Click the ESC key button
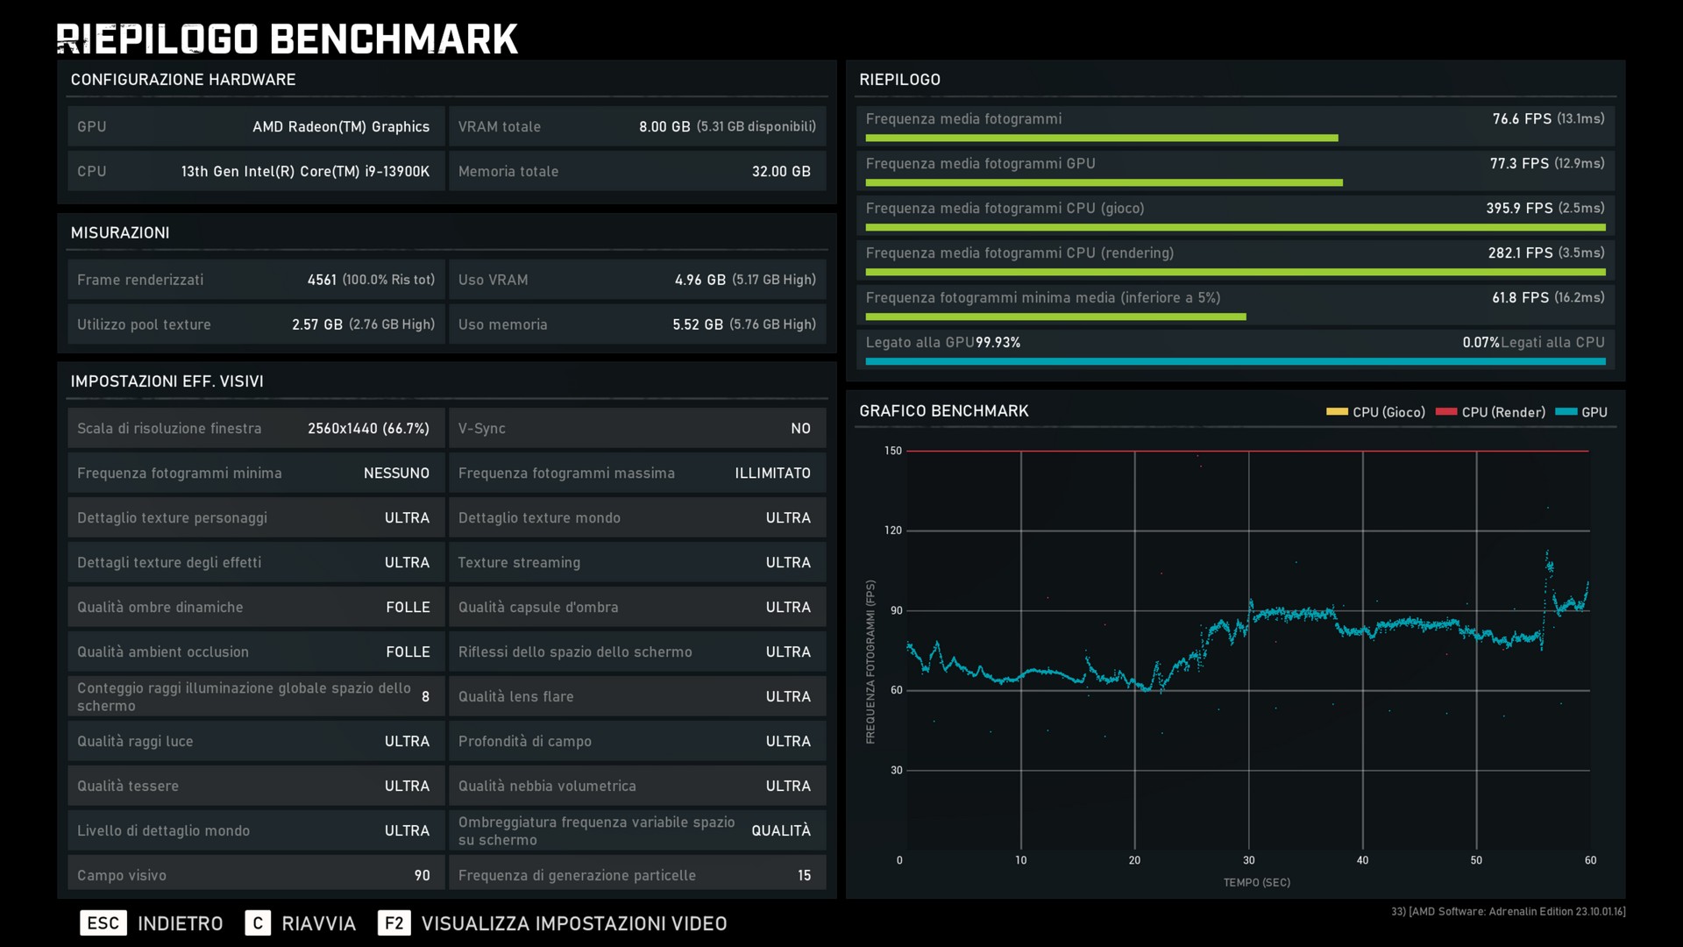[x=103, y=923]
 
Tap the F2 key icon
[x=394, y=923]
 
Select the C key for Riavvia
[x=258, y=923]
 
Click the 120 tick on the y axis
[x=892, y=530]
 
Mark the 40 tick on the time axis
[x=1362, y=860]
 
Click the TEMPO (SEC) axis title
[x=1256, y=882]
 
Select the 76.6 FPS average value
[x=1522, y=118]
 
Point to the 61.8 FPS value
[x=1521, y=297]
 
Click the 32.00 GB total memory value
[x=781, y=171]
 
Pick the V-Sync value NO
[x=800, y=428]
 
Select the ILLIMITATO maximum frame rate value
[x=772, y=473]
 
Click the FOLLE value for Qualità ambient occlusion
[x=408, y=652]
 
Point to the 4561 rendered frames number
[x=322, y=280]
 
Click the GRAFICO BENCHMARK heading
[x=943, y=410]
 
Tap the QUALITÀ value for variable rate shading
[x=780, y=830]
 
